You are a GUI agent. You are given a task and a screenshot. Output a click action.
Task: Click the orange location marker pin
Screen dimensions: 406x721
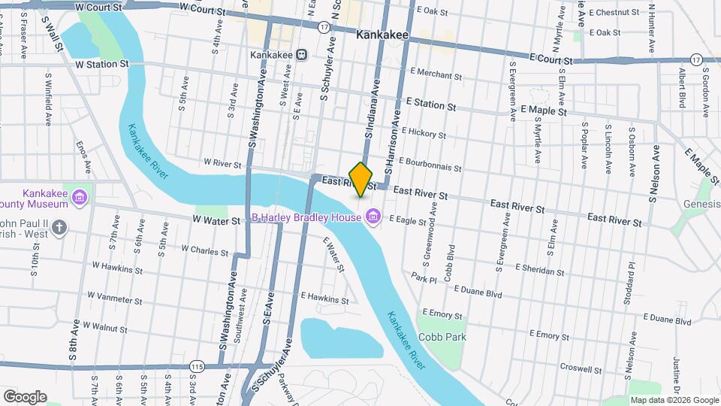click(x=361, y=179)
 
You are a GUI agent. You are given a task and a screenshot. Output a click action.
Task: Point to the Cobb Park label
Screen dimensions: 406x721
click(x=442, y=337)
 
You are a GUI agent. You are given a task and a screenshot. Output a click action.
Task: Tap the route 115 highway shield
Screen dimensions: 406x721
click(x=198, y=366)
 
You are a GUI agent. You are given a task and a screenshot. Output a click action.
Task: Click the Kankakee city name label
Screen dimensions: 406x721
click(x=382, y=35)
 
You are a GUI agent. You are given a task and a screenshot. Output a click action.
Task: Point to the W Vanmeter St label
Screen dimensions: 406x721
click(x=114, y=298)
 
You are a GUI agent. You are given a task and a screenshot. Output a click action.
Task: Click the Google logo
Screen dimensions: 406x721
click(x=25, y=396)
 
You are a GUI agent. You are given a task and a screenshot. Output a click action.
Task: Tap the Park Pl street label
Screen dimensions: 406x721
click(x=424, y=279)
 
